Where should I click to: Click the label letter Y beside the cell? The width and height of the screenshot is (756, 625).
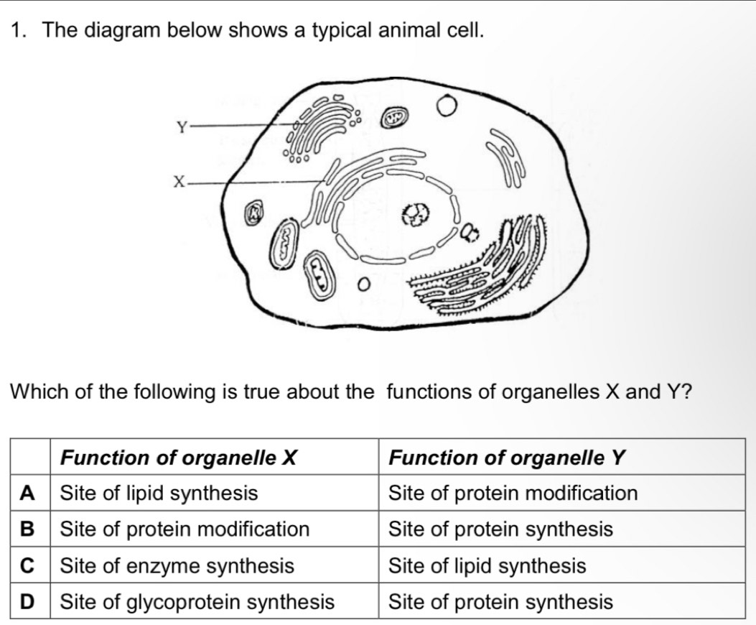point(183,128)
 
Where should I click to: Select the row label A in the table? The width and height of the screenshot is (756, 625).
point(28,493)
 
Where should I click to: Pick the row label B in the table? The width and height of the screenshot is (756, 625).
point(28,529)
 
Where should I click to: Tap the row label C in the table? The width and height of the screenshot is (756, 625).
point(28,566)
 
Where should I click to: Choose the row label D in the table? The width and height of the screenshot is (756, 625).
point(28,601)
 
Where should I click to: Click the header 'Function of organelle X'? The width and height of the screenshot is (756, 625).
point(179,457)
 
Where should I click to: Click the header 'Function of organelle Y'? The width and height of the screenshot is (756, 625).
point(508,457)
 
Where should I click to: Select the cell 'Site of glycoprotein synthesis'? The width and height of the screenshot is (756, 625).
point(197,601)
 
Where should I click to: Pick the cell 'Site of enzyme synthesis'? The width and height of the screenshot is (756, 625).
point(177,566)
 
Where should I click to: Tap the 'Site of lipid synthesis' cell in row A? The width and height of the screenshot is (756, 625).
point(159,493)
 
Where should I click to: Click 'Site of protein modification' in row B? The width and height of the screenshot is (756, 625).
point(185,529)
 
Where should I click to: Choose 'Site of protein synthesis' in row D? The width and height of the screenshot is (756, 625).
point(500,601)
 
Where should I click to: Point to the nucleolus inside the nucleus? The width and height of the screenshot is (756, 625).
point(415,213)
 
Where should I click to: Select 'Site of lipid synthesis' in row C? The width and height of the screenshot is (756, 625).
point(487,566)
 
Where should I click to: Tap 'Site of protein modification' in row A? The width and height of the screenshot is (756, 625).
point(513,493)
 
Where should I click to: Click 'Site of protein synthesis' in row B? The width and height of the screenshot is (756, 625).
point(500,529)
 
